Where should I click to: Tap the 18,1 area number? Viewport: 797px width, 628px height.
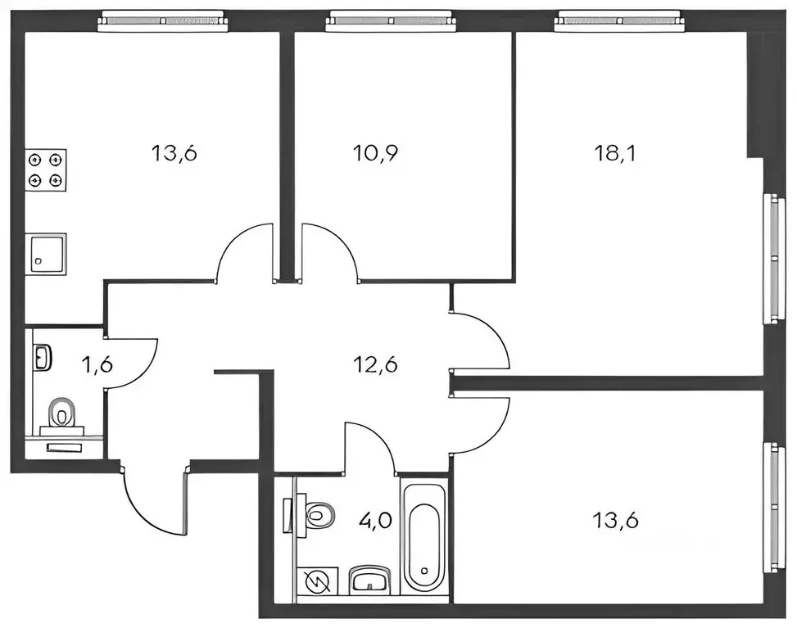[613, 153]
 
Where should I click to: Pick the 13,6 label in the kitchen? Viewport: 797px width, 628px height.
[175, 153]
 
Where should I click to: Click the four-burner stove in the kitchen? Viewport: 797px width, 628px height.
[46, 169]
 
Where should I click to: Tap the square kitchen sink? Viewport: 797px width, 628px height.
[46, 253]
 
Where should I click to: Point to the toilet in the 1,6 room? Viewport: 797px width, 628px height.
[62, 413]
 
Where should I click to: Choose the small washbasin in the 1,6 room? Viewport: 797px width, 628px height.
[43, 358]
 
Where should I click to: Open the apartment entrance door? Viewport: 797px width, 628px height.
[155, 501]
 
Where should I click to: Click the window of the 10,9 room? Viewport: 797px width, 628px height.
[389, 20]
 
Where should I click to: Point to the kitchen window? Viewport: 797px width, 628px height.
[161, 20]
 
